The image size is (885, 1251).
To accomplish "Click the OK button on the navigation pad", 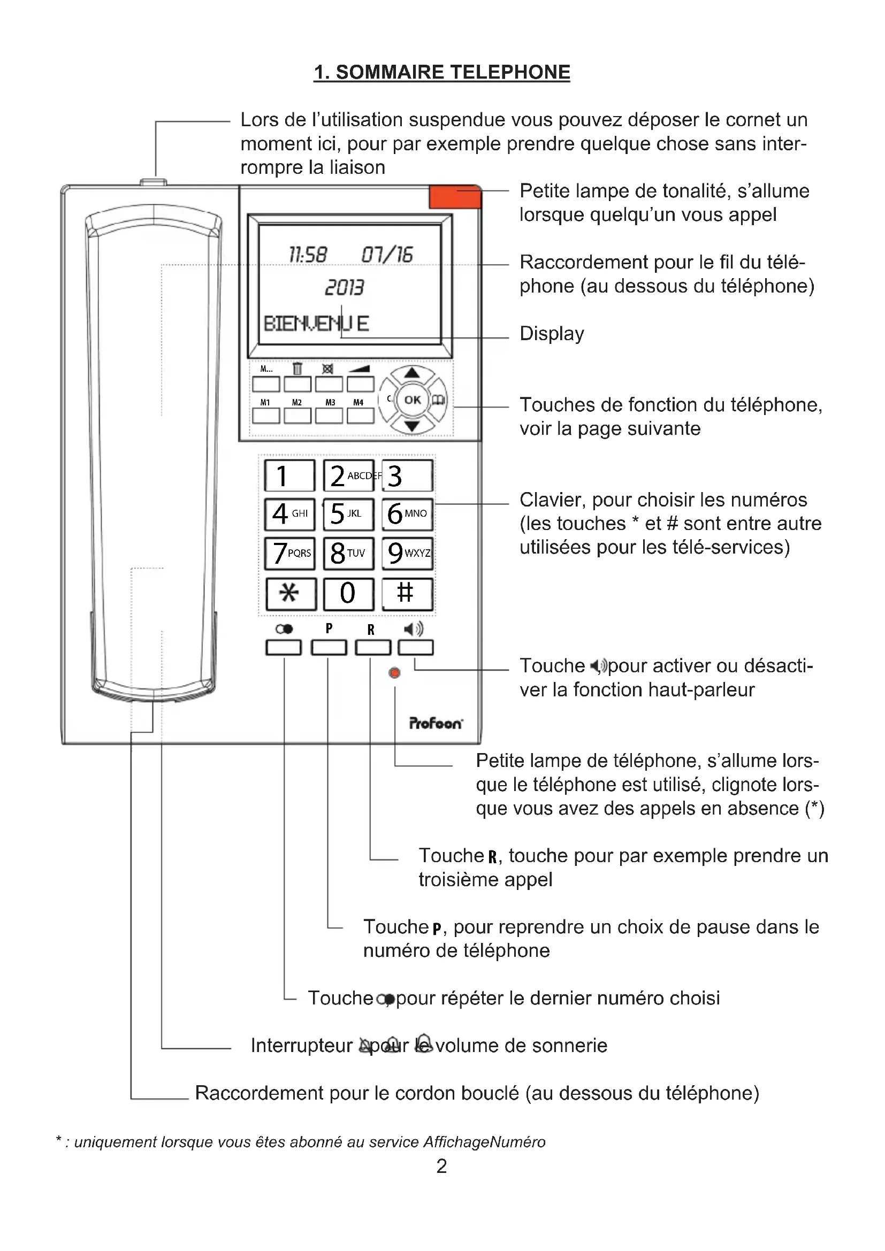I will point(413,400).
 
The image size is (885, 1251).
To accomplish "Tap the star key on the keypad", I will point(291,593).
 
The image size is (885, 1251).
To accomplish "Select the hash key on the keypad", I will point(407,593).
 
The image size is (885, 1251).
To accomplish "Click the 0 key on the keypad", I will point(348,593).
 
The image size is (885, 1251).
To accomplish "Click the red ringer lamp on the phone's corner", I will point(455,197).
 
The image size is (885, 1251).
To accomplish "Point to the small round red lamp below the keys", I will point(394,673).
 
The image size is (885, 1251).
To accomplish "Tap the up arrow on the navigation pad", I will point(413,373).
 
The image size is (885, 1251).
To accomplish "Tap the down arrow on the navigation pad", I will point(413,426).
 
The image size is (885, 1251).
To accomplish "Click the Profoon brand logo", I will point(436,723).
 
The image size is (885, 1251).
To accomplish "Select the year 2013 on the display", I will point(345,287).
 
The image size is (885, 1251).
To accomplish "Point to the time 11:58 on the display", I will point(308,255).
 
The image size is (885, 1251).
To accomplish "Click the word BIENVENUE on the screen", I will point(316,324).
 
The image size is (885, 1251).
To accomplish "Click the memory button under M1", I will point(265,416).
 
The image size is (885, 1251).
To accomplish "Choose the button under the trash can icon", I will point(297,384).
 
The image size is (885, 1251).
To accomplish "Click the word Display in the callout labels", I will point(552,333).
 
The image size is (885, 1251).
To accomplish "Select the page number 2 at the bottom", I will point(441,1166).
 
